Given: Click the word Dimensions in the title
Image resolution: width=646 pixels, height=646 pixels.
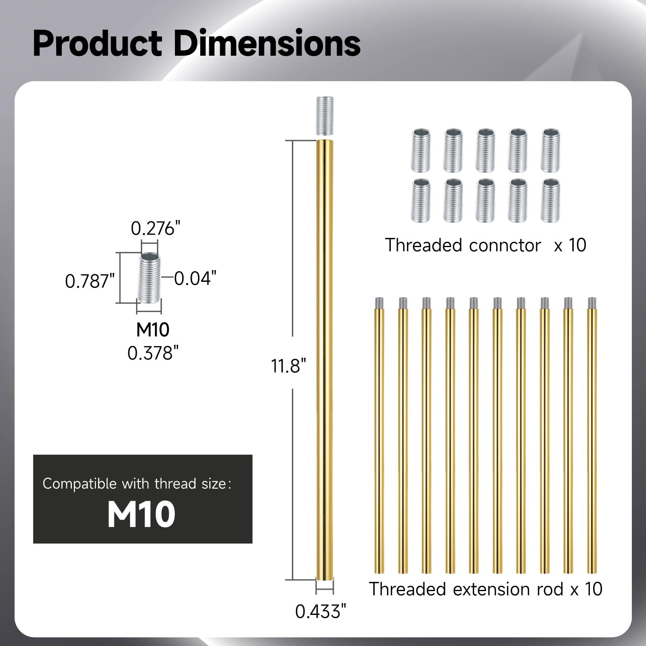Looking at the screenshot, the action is [x=267, y=43].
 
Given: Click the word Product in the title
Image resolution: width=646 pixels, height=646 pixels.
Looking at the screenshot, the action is [x=97, y=43].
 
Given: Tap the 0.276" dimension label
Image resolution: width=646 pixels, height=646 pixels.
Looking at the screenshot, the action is [x=155, y=229].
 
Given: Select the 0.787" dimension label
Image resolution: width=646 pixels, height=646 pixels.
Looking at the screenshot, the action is [x=90, y=281].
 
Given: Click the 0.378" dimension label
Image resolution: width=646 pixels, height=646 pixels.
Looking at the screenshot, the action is [x=153, y=353].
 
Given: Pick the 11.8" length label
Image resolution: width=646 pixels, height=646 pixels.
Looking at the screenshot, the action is [x=288, y=366].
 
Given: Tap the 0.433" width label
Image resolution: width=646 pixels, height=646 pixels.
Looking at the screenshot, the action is [x=321, y=612].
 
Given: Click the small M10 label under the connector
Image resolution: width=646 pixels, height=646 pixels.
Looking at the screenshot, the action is [x=153, y=330].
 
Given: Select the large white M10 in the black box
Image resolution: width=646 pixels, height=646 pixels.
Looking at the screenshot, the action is [x=141, y=514].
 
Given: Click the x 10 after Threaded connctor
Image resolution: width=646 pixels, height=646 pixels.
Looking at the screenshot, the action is [x=570, y=245].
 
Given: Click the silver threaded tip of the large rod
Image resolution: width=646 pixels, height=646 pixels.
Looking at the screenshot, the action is [x=325, y=118].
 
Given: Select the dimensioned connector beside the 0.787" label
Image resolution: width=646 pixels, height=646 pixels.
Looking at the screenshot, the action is [x=149, y=278].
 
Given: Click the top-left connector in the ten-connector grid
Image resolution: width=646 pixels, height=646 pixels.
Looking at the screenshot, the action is [x=421, y=151].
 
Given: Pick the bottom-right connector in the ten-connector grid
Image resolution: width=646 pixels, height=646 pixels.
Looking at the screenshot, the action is [x=550, y=201].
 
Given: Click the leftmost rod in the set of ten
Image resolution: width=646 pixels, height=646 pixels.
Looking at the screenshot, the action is [x=379, y=435].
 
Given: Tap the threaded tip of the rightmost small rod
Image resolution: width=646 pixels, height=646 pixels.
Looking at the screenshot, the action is [x=592, y=303].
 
